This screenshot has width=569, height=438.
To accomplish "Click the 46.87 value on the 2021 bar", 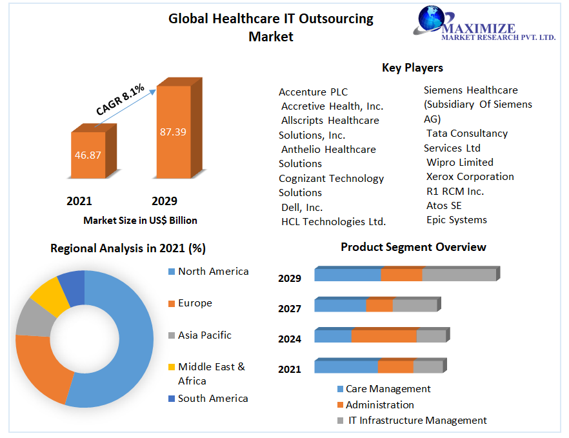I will click(88, 155).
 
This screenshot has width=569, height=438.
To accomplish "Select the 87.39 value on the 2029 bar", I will click(173, 132).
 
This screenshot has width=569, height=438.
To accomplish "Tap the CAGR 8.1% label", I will click(121, 101).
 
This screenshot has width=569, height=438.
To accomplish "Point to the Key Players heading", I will click(412, 68).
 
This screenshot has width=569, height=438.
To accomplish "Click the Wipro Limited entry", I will click(459, 163).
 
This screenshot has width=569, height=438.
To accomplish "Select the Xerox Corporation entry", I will click(470, 177).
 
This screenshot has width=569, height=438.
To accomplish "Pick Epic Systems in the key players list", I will click(456, 220).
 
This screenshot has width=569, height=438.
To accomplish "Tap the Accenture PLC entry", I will click(313, 92).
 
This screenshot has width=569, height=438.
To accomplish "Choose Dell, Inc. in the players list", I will click(301, 208).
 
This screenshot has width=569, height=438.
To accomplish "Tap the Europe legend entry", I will click(195, 303).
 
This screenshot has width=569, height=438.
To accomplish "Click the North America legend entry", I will click(213, 272).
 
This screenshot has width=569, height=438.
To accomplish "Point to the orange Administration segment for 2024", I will click(384, 336).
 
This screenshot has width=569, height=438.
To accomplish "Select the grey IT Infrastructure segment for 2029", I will click(459, 274).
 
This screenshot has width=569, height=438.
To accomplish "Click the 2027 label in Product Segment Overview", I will click(290, 309).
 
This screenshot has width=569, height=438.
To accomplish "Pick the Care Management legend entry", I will click(388, 389).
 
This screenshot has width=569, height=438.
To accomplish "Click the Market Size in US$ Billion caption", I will click(140, 221).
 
